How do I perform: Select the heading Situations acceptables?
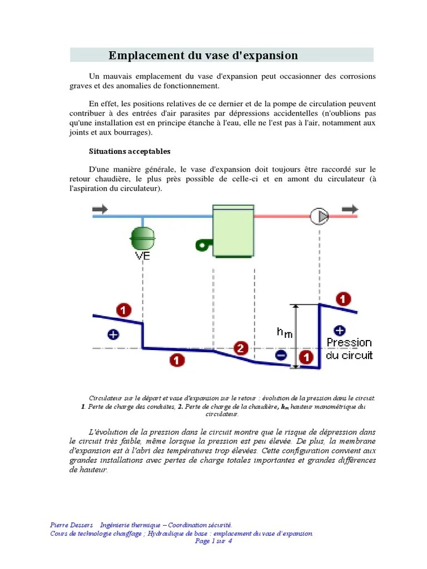coord(130,151)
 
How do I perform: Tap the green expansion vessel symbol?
coord(143,238)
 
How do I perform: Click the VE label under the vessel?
coord(143,256)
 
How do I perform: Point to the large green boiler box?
coord(234,232)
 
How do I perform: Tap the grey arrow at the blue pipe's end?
coord(100,208)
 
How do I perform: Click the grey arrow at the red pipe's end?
coord(350,208)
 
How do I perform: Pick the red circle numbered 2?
coord(240,348)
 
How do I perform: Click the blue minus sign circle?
coord(281,355)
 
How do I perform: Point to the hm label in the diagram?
coord(284,332)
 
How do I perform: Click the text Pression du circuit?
coord(349,349)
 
